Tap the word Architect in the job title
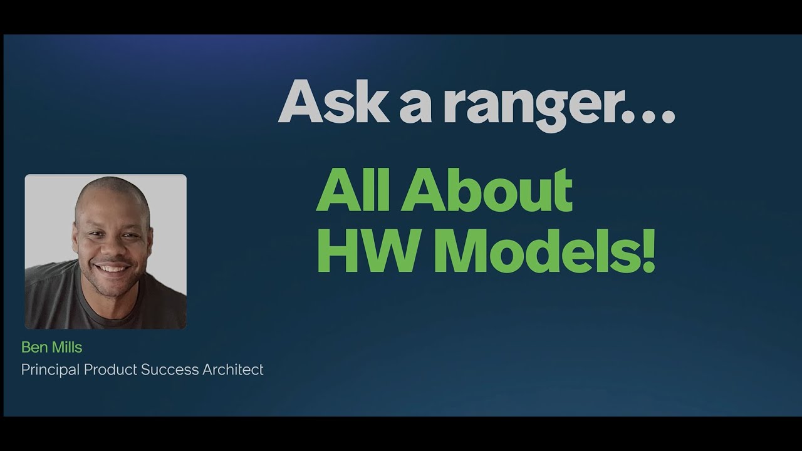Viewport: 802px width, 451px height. (x=233, y=370)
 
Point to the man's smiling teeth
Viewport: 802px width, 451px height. (x=113, y=268)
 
